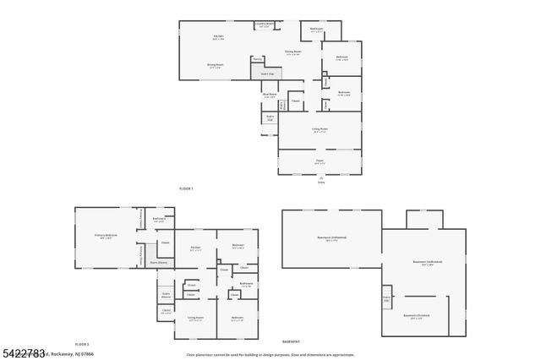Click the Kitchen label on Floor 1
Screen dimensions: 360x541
click(218, 36)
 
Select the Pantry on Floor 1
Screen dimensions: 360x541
click(256, 59)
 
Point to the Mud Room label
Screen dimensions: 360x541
click(270, 95)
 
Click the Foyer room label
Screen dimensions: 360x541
click(320, 161)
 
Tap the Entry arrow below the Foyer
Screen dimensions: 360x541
click(320, 179)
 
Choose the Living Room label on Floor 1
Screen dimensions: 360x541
click(320, 130)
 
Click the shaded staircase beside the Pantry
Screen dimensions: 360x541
click(267, 73)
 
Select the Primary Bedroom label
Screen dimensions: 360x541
click(106, 237)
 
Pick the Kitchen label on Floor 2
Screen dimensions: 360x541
click(194, 249)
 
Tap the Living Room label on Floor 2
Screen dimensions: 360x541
click(194, 319)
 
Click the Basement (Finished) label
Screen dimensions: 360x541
click(415, 317)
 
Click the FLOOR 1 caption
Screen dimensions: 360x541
click(186, 188)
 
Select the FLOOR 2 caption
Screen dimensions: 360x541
click(82, 345)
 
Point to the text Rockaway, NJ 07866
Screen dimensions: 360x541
click(73, 353)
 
